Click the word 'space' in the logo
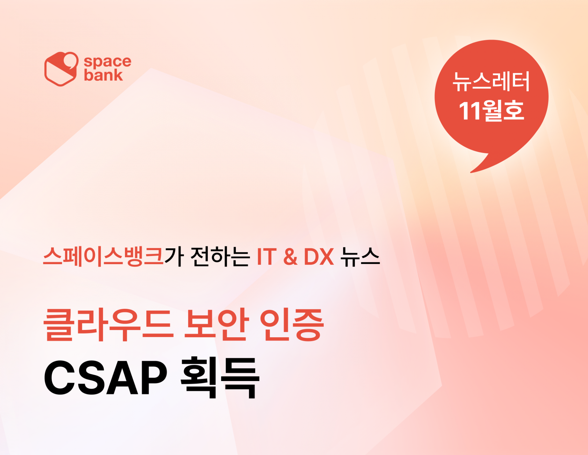[107, 62]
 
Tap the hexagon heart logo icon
[61, 69]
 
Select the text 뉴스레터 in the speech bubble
[491, 82]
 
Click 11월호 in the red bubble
[491, 110]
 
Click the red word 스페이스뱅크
[103, 256]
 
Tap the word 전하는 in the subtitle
[220, 256]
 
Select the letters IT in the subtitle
[267, 257]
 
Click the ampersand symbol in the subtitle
[290, 257]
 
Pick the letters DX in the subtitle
[319, 257]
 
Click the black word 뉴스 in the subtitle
[360, 256]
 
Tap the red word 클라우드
[107, 324]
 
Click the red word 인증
[292, 324]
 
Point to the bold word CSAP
[106, 378]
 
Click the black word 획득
[220, 378]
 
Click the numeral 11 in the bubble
[469, 111]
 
